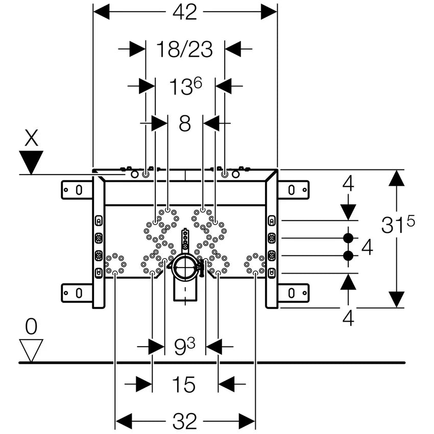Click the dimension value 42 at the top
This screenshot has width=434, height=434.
pos(184,12)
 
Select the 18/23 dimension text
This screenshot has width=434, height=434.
pos(184,50)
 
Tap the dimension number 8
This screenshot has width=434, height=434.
pos(185,123)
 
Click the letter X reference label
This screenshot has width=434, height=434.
pos(32,139)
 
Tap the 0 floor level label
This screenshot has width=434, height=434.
pos(31,327)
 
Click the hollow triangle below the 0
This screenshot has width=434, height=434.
pos(31,351)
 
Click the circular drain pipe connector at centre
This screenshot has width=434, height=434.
pos(184,267)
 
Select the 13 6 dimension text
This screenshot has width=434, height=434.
pos(185,87)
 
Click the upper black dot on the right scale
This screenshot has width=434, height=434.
pos(348,238)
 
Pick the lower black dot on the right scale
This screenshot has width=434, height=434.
pos(348,256)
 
